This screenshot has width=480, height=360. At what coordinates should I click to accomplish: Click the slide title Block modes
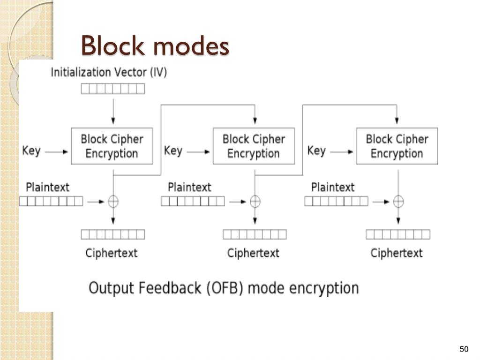pos(155,45)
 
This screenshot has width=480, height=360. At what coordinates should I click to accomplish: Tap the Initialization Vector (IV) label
pos(109,72)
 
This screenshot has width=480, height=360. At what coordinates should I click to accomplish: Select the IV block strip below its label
pos(113,89)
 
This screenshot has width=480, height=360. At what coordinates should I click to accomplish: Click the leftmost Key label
pos(31,150)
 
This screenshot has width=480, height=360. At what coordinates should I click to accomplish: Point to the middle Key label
pos(173,150)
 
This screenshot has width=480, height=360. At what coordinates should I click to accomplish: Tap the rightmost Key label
pos(316,150)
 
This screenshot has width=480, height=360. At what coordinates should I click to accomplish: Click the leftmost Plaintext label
pos(47,187)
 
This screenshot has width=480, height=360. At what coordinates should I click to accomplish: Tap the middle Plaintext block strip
pos(193,201)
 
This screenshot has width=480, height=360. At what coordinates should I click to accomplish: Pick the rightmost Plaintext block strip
pos(337,201)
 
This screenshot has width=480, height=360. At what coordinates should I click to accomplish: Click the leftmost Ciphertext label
pos(112,253)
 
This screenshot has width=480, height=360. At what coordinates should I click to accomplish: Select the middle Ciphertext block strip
pos(255,234)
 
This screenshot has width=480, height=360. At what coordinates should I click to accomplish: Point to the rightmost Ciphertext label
pos(397,253)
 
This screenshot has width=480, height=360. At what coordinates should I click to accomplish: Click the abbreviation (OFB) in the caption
pos(225,288)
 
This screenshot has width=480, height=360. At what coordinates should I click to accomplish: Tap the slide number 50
pos(464,349)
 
